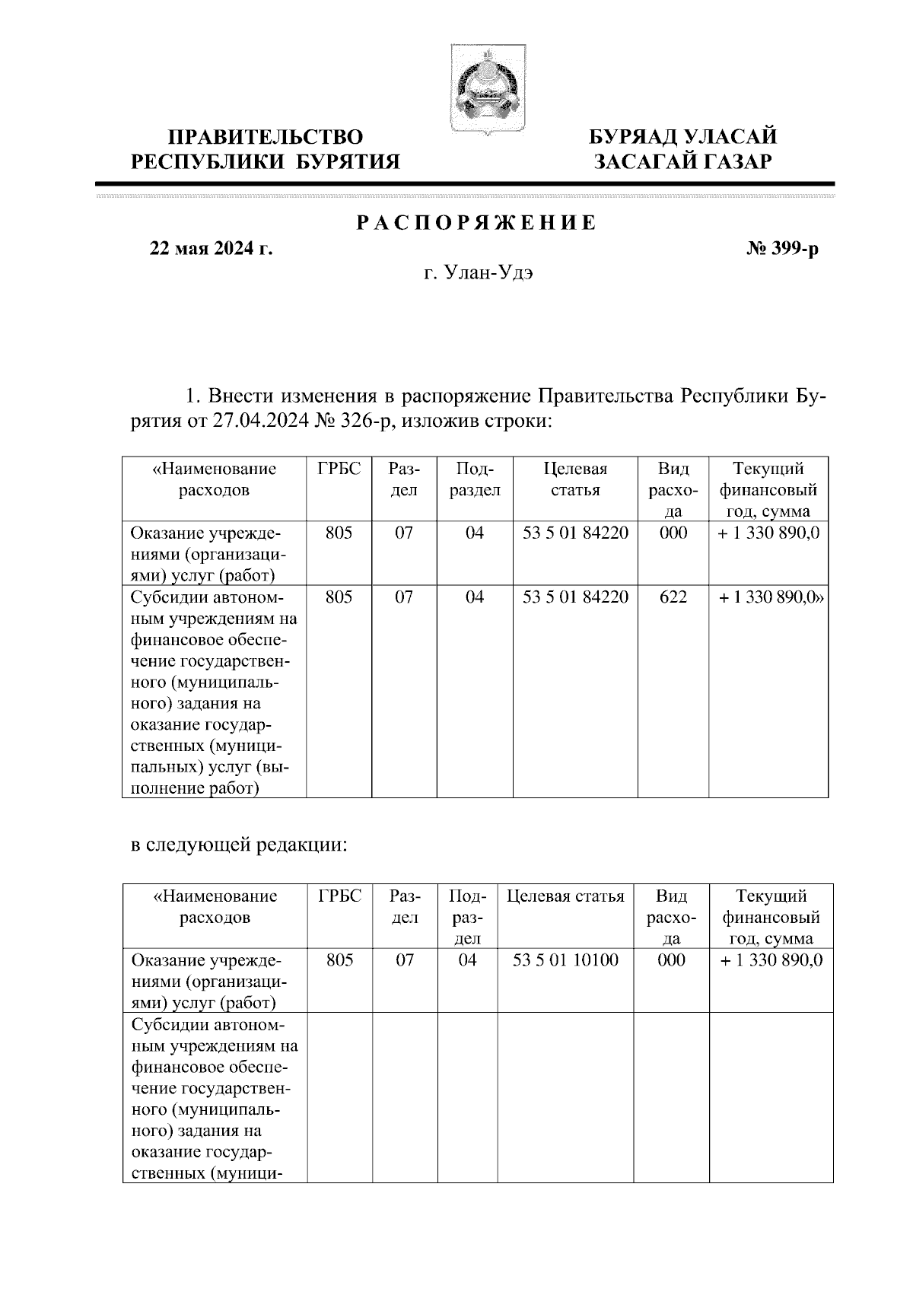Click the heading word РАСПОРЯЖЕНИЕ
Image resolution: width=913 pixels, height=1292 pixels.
[477, 224]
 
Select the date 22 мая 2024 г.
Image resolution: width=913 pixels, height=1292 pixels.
[212, 249]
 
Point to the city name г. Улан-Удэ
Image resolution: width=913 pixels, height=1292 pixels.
[478, 273]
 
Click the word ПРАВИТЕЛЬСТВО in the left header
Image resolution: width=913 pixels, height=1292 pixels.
[266, 137]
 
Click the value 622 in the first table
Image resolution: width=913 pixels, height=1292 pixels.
[673, 597]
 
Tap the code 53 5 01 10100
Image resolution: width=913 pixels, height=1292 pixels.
[565, 960]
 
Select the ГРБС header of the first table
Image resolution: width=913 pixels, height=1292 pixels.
[339, 469]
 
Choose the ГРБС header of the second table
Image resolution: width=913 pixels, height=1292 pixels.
[339, 896]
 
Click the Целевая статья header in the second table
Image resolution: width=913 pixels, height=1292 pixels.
[565, 896]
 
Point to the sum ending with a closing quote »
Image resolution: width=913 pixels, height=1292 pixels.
[771, 597]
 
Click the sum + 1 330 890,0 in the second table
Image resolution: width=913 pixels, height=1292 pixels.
[771, 960]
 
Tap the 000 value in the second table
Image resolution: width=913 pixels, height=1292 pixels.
[671, 960]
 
